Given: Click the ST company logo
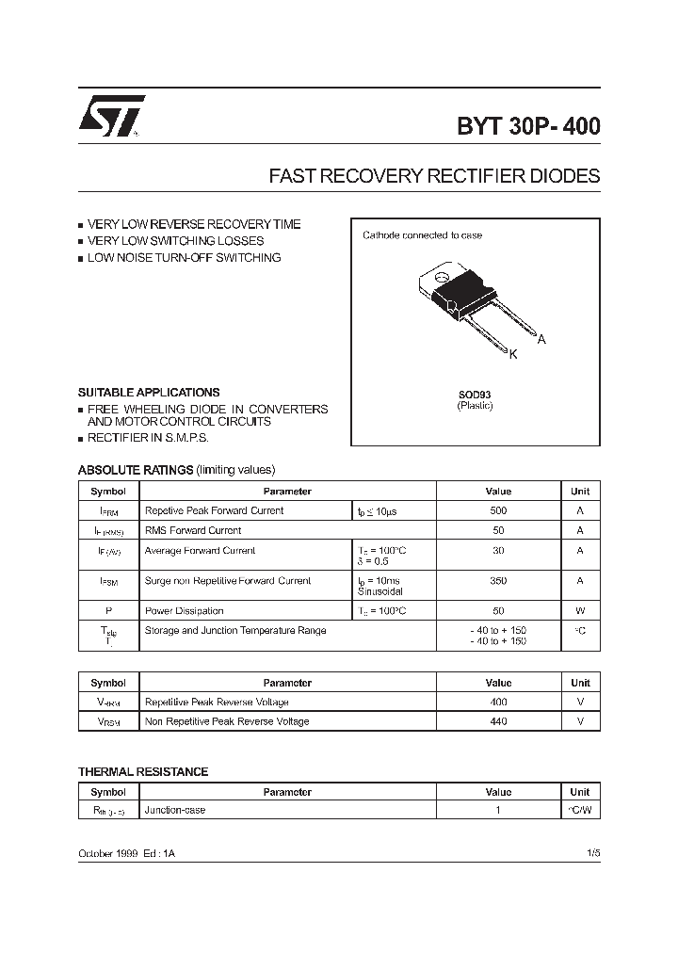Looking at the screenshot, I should click(111, 117).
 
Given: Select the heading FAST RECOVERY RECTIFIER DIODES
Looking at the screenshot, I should click(434, 176).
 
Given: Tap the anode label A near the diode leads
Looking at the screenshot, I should click(541, 339).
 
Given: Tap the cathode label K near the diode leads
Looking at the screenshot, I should click(513, 354).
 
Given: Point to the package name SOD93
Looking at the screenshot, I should click(475, 395).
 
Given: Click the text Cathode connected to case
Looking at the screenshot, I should click(422, 235).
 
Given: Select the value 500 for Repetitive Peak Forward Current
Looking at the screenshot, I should click(498, 510).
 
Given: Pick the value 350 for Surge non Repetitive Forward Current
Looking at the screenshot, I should click(498, 581).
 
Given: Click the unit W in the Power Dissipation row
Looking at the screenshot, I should click(580, 611).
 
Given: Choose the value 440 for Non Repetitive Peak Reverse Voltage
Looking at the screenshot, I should click(498, 721).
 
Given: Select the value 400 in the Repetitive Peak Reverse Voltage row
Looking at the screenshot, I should click(498, 702).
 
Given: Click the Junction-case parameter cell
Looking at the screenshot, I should click(175, 810).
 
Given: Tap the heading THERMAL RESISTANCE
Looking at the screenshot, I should click(143, 771).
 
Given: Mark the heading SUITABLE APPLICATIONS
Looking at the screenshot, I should click(149, 392).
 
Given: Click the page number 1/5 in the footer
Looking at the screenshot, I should click(592, 851).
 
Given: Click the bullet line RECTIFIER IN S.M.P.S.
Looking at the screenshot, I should click(148, 438).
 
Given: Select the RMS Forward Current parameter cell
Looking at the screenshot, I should click(193, 530).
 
